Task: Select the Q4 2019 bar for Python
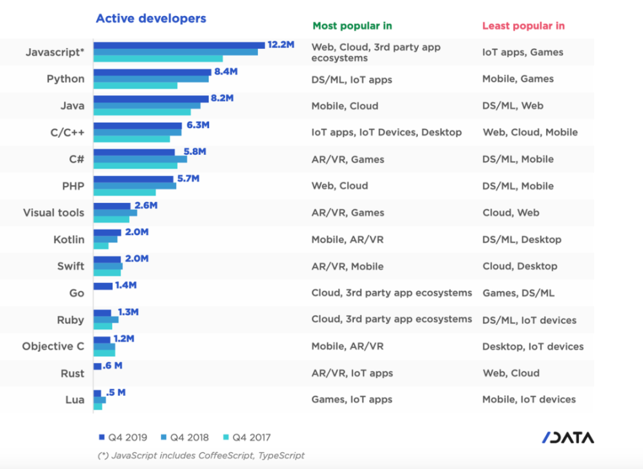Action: pos(152,72)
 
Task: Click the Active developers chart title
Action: pos(151,19)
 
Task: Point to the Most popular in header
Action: pos(352,26)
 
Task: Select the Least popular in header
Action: pos(523,26)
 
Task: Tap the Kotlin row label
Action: pos(69,240)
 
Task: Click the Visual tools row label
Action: pos(53,213)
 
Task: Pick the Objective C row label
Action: pos(53,346)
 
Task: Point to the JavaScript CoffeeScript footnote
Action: pos(201,456)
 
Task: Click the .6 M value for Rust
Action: pos(113,366)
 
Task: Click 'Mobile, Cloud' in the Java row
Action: pos(345,106)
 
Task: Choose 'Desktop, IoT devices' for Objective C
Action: pos(533,346)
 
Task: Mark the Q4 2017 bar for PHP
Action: pos(125,193)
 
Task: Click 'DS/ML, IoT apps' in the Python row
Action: pos(352,80)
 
